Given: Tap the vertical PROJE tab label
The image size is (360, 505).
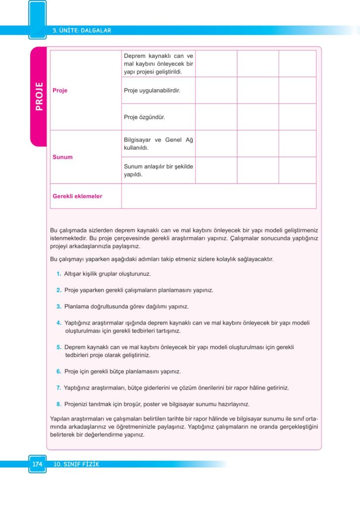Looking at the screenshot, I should [x=39, y=96].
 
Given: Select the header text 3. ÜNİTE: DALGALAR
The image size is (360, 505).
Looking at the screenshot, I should [x=82, y=31].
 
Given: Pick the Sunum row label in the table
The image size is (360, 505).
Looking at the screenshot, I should [x=63, y=157].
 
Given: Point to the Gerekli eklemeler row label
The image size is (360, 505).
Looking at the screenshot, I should [x=77, y=196].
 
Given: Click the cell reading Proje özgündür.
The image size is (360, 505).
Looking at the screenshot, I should [x=144, y=117].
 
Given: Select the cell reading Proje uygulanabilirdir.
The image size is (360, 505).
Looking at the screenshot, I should [x=152, y=91].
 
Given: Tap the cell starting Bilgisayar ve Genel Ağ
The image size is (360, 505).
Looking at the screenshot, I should [x=158, y=144].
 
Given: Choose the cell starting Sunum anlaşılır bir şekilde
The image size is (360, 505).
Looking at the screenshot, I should [x=158, y=170].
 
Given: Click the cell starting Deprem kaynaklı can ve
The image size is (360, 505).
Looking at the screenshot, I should [x=158, y=64].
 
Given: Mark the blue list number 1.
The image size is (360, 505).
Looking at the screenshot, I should [x=59, y=274].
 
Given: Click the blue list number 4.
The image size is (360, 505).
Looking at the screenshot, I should [x=59, y=323].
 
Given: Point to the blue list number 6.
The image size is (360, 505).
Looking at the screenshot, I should [x=59, y=371].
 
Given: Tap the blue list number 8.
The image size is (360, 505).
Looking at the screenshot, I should [x=59, y=404].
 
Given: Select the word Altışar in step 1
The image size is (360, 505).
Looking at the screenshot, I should [x=74, y=274].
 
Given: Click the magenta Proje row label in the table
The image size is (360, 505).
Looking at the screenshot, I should [x=60, y=91].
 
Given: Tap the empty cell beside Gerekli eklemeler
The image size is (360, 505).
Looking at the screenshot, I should [x=218, y=196].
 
